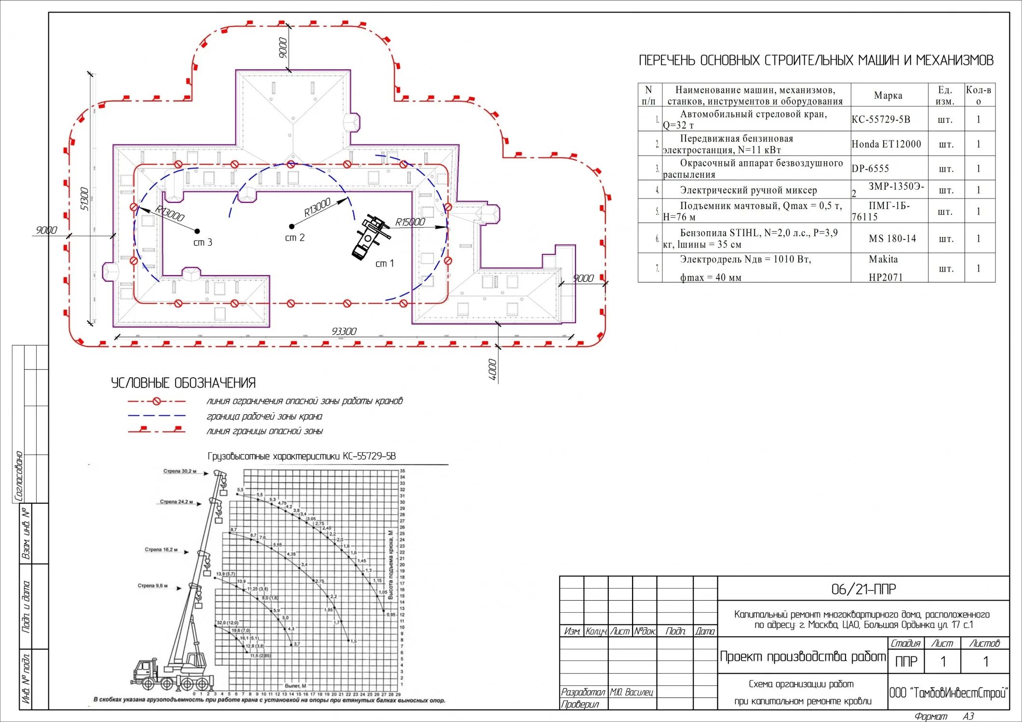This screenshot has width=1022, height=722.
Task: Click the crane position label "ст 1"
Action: (384, 263)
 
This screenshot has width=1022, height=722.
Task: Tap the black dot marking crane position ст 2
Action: (292, 226)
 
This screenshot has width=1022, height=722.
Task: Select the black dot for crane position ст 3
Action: (197, 231)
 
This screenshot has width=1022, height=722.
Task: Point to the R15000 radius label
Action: (410, 222)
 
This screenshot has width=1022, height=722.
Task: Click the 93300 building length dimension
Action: (344, 331)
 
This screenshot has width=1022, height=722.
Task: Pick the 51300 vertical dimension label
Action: (84, 198)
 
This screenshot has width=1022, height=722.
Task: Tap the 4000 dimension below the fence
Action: (492, 369)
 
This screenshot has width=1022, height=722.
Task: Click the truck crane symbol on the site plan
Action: (369, 237)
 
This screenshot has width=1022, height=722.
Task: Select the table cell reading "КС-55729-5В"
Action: (881, 119)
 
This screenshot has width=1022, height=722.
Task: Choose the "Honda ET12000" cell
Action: (886, 144)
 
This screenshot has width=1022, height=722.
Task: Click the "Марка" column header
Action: (888, 95)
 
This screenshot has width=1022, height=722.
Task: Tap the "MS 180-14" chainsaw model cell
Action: (892, 238)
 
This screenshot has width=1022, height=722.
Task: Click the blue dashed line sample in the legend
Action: (157, 416)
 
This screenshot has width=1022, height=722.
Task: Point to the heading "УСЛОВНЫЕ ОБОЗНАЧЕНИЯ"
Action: (183, 383)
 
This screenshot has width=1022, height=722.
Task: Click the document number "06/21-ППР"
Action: (863, 589)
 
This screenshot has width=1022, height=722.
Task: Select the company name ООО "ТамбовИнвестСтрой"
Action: (948, 693)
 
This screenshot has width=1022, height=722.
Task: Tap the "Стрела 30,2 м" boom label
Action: (180, 471)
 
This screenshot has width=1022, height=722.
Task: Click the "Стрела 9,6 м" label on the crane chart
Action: (152, 586)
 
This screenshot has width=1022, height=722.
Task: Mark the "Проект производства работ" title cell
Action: (803, 656)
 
